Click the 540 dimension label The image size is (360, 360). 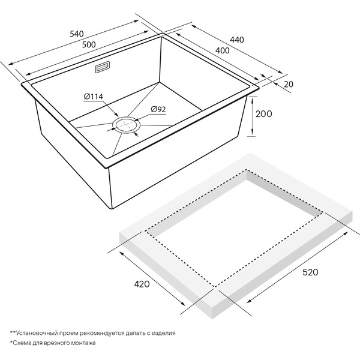77,34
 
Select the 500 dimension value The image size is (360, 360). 89,44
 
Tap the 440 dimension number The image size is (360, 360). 237,40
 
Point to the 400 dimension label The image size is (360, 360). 222,50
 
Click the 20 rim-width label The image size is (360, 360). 289,84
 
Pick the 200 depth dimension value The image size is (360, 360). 263,113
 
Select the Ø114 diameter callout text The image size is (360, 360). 94,97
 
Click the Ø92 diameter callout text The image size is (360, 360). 158,110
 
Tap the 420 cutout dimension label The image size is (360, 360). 142,284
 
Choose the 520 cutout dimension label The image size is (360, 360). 310,272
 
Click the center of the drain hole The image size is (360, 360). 126,125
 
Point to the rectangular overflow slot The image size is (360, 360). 103,67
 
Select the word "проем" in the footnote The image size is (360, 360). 70,333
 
